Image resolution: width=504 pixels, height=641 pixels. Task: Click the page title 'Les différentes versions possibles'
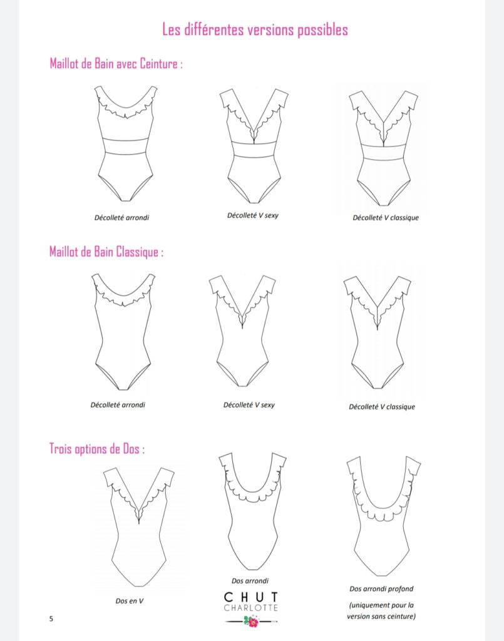(255, 30)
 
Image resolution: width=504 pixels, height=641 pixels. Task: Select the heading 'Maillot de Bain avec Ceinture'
(116, 64)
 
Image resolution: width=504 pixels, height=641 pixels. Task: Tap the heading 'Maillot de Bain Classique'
(106, 252)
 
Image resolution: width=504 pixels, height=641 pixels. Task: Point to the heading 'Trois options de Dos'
(97, 448)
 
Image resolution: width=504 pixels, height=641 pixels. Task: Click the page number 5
(51, 618)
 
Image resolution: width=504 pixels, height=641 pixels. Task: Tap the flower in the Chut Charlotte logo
(251, 622)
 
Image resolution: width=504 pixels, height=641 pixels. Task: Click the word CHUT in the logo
(251, 597)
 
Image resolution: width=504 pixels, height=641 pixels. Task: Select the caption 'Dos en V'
(130, 601)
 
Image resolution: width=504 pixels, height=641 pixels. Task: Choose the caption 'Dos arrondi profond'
(381, 588)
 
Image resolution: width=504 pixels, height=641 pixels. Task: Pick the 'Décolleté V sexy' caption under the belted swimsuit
(252, 215)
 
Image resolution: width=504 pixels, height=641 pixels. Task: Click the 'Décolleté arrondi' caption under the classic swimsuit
(118, 405)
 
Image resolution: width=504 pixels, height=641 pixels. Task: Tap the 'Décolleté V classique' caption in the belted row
(386, 218)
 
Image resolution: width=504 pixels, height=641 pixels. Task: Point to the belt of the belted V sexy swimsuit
(254, 149)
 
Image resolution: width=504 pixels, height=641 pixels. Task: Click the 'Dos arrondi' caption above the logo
(250, 580)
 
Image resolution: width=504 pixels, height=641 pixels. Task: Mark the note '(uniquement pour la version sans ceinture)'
(381, 610)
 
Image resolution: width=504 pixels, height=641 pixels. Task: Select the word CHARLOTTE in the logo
(251, 608)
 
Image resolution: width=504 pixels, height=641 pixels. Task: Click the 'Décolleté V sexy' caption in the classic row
(249, 405)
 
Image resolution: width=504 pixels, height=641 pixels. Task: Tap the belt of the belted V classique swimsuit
(384, 153)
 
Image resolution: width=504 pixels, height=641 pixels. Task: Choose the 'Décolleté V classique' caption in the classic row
(382, 407)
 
